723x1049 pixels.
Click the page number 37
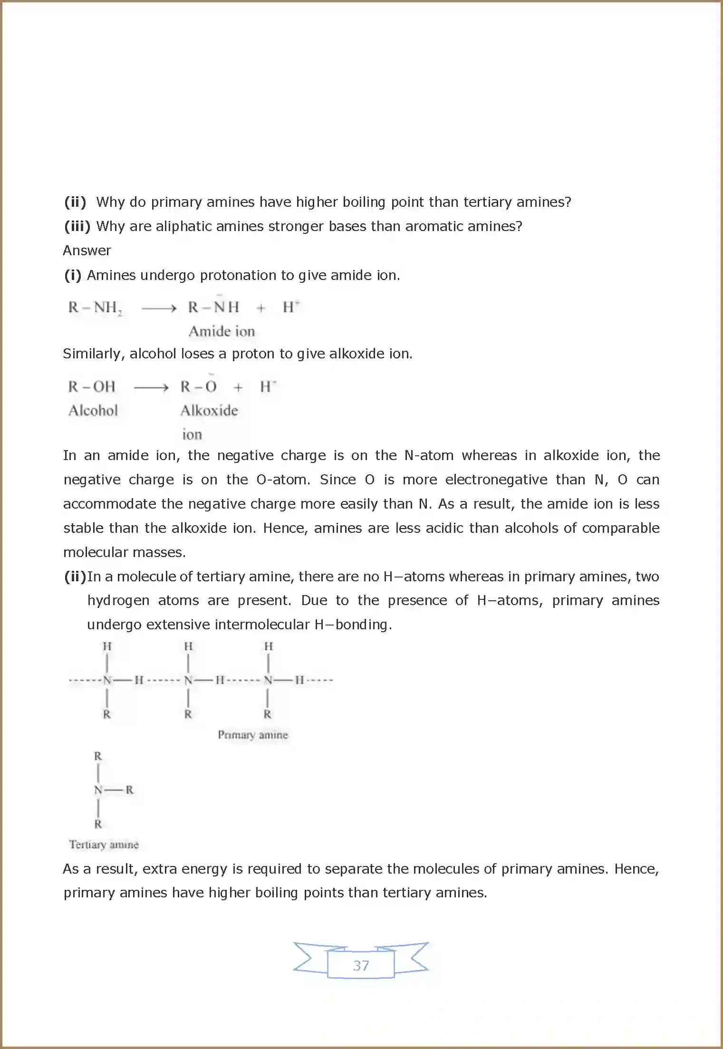(361, 965)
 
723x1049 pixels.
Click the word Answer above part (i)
(87, 250)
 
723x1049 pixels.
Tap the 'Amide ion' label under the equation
(222, 331)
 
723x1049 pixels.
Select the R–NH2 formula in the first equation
(95, 308)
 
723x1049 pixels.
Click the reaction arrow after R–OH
(151, 388)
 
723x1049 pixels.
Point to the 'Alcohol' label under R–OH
(93, 411)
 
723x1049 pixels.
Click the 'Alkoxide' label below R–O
(209, 411)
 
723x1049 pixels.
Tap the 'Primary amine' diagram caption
(253, 735)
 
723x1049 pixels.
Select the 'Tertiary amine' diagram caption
(104, 845)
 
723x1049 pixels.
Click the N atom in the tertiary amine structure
(98, 790)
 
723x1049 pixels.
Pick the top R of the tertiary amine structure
(98, 756)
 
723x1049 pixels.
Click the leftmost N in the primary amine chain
(107, 680)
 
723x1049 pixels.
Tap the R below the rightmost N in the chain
(268, 714)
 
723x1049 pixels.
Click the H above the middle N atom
(188, 646)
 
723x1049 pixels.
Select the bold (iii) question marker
(77, 226)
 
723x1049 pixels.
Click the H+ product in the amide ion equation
(290, 307)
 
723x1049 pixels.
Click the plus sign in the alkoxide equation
(238, 388)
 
